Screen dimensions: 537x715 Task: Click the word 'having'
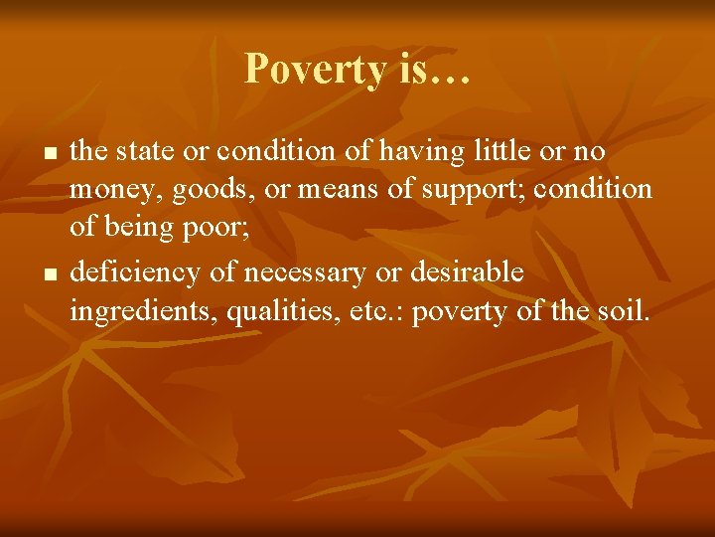point(426,152)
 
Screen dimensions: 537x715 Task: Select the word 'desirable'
point(463,271)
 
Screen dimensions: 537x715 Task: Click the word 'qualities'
point(276,312)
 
